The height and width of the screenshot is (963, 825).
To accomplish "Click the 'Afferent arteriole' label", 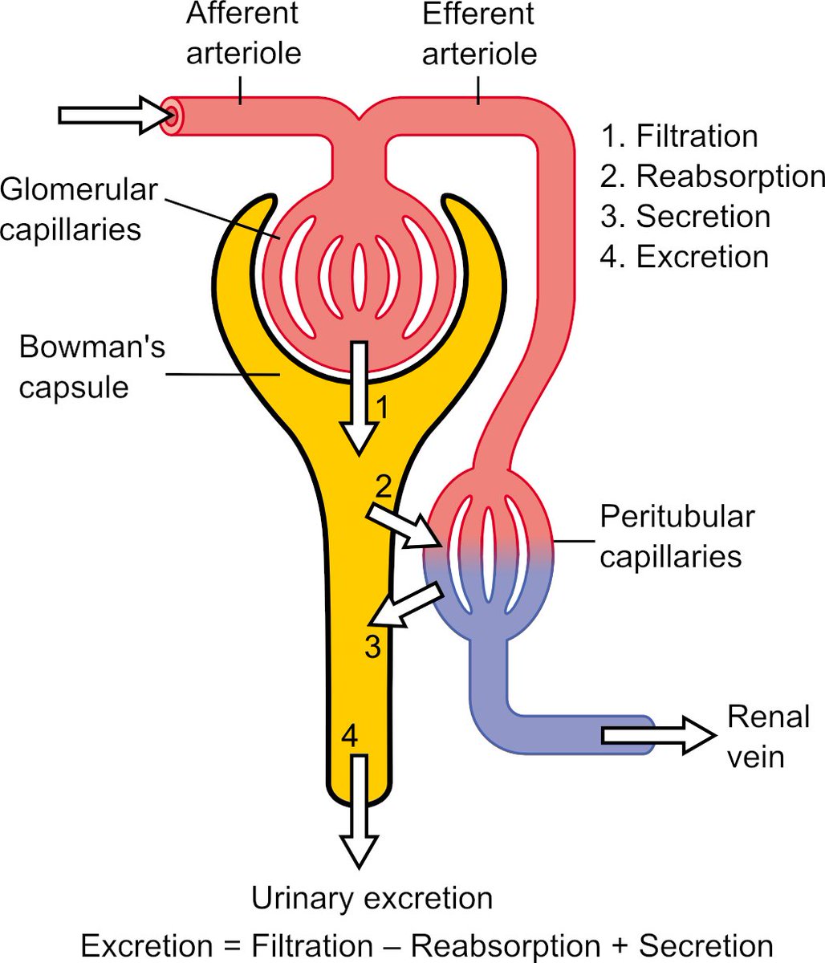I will (x=243, y=34).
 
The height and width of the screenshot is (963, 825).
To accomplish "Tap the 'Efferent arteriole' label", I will (x=479, y=34).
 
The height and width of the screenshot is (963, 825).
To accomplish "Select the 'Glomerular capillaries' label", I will (x=79, y=209).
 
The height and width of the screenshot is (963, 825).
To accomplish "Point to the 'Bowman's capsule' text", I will (x=91, y=367).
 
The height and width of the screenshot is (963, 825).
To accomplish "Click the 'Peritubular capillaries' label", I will (x=677, y=536).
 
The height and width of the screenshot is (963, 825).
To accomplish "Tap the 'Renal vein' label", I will (x=767, y=735).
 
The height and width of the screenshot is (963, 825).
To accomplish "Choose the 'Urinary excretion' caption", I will (x=372, y=898).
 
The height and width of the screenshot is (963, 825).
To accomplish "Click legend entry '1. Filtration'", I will (x=679, y=136).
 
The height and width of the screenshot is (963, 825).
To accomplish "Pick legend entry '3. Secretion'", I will (x=685, y=217).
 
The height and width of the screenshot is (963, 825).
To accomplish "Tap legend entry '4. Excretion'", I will (x=685, y=257).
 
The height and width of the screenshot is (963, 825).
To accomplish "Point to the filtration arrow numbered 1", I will (x=360, y=398).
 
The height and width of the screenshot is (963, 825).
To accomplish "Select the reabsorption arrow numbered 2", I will (x=401, y=526).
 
